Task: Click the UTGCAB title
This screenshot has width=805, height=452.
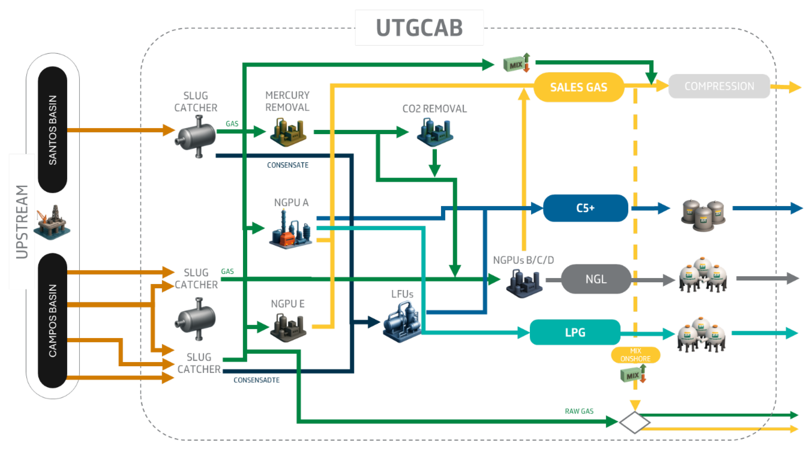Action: tap(419, 28)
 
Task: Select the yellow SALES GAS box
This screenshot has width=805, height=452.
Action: tap(579, 87)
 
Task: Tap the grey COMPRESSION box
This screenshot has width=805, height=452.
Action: tap(719, 86)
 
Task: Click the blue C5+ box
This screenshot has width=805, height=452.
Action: tap(585, 208)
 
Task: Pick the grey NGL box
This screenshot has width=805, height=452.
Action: tap(596, 279)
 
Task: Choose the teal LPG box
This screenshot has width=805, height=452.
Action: tap(575, 332)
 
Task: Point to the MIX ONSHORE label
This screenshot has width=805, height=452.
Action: tap(635, 355)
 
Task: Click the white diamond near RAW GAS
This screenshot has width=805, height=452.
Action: tap(635, 422)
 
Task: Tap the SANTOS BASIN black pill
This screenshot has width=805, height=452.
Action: tap(53, 130)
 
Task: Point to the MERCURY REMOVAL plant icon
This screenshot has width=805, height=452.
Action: tap(288, 132)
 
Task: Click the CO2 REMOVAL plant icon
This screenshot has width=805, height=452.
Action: tap(435, 132)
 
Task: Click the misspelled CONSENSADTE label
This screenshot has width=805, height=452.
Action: tap(257, 380)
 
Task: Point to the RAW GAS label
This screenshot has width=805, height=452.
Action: tap(579, 411)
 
